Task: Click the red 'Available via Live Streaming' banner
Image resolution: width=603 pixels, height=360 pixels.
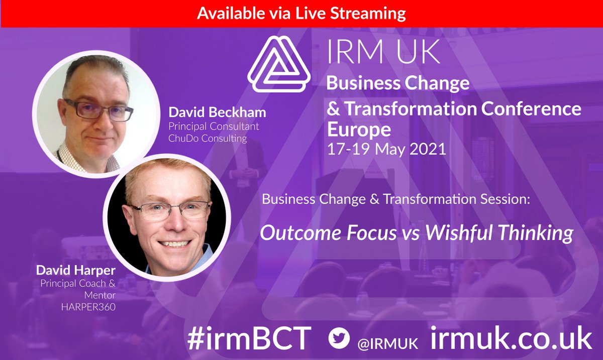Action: click(301, 13)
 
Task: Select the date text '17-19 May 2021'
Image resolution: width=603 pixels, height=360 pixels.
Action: click(386, 150)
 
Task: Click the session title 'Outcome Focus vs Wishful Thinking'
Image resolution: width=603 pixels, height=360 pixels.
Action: click(416, 233)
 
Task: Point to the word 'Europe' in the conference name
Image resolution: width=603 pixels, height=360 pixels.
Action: click(359, 130)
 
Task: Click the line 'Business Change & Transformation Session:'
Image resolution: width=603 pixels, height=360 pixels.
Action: click(395, 199)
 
